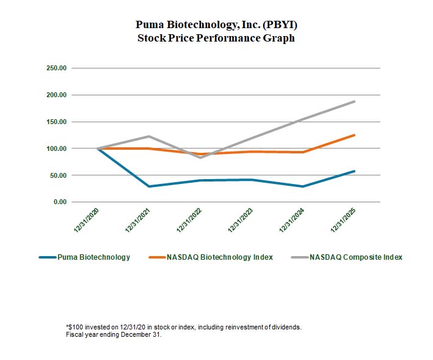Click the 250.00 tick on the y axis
pos(56,68)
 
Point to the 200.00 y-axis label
pos(56,95)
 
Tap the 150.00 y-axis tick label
pos(56,122)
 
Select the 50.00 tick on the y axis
pos(58,175)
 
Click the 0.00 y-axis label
pos(59,202)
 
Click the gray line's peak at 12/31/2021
pos(149,136)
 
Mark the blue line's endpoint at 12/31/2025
pos(354,171)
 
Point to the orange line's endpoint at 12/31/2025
pos(354,135)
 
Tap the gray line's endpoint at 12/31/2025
pos(354,101)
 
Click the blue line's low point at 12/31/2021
pos(149,186)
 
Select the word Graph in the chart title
pos(280,38)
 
